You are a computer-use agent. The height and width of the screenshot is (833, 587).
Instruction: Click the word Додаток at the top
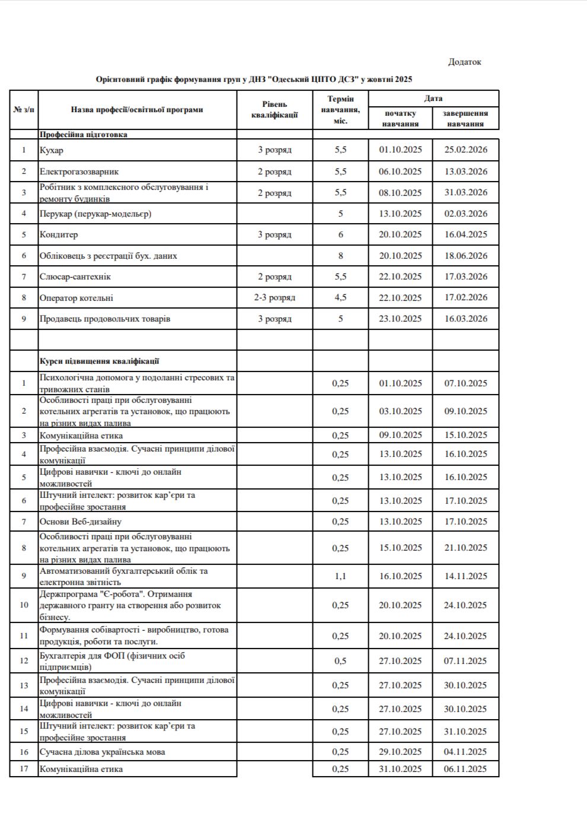pyautogui.click(x=464, y=62)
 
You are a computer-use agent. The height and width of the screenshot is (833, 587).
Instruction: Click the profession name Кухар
pyautogui.click(x=52, y=150)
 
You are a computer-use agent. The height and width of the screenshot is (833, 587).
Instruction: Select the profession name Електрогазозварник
pyautogui.click(x=79, y=171)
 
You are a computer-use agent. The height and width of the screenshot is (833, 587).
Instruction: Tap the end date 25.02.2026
pyautogui.click(x=465, y=150)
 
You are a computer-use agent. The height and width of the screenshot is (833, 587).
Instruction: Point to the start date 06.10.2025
pyautogui.click(x=400, y=171)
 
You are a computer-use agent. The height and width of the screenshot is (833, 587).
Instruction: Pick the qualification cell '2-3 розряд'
pyautogui.click(x=275, y=298)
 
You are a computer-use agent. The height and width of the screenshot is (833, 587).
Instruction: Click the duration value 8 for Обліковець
pyautogui.click(x=340, y=256)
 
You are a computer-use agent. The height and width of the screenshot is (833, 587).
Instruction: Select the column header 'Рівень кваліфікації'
pyautogui.click(x=275, y=110)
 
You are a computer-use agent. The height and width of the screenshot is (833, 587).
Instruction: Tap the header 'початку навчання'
pyautogui.click(x=400, y=119)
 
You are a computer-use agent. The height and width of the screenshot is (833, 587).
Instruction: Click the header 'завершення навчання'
pyautogui.click(x=465, y=119)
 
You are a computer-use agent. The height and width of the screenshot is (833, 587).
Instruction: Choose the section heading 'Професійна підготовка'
pyautogui.click(x=84, y=135)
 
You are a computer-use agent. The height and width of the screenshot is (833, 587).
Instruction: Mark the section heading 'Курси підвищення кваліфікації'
pyautogui.click(x=99, y=361)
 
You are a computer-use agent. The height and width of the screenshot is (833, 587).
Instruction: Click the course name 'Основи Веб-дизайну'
pyautogui.click(x=81, y=522)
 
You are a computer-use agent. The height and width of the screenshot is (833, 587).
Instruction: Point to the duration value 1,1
pyautogui.click(x=340, y=576)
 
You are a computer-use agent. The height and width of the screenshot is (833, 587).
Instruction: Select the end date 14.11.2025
pyautogui.click(x=465, y=576)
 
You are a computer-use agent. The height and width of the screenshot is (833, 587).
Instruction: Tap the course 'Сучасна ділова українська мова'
pyautogui.click(x=102, y=752)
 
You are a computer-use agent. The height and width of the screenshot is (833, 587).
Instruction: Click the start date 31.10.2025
pyautogui.click(x=400, y=769)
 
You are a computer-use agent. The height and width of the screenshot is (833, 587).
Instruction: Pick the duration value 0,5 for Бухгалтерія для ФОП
pyautogui.click(x=340, y=661)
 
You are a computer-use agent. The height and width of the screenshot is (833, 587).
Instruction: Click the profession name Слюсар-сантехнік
pyautogui.click(x=75, y=276)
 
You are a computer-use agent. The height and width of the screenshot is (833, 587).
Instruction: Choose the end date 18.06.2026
pyautogui.click(x=465, y=256)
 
